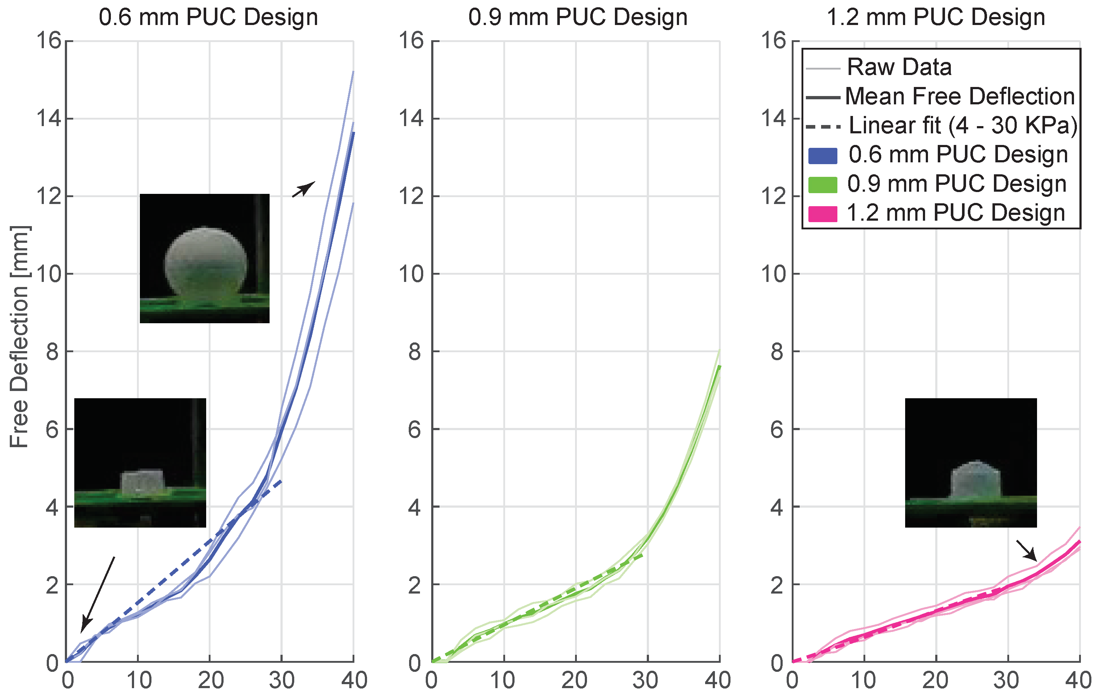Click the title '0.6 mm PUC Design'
(208, 17)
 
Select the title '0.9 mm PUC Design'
(578, 17)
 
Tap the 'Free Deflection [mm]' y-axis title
(19, 337)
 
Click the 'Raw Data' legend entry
(899, 67)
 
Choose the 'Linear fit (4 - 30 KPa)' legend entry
(963, 125)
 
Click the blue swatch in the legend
(823, 155)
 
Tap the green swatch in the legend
(823, 184)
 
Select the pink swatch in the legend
(823, 214)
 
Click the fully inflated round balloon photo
(204, 258)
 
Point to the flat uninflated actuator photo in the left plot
(140, 462)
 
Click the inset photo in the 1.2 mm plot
(971, 462)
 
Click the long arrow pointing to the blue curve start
(98, 594)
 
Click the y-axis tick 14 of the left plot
(49, 119)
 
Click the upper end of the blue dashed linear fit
(281, 481)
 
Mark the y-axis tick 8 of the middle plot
(415, 351)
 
